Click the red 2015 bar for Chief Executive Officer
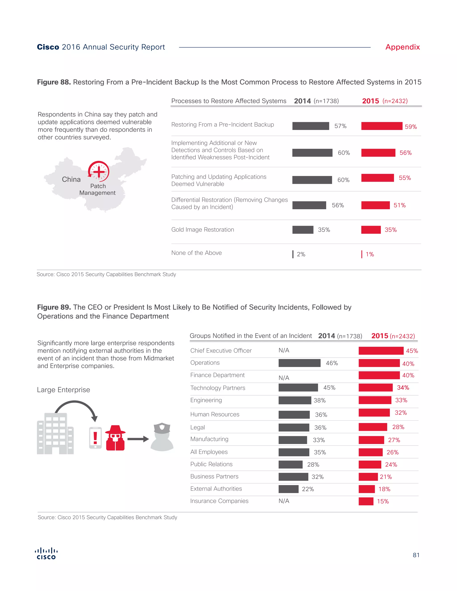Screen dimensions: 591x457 point(381,351)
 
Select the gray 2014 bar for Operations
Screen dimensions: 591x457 point(299,363)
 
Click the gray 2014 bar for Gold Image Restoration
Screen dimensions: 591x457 point(303,230)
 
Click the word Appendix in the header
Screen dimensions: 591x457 point(402,47)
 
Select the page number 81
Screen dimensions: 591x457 point(416,555)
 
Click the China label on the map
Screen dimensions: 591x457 point(71,179)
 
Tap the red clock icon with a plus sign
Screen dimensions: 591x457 point(99,171)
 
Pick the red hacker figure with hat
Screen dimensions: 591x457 point(115,438)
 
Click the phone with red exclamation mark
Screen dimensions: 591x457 point(95,438)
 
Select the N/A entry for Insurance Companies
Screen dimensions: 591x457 point(284,501)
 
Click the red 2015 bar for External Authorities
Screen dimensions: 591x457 point(367,489)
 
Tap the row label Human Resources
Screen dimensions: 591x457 point(215,414)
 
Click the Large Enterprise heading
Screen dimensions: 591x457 point(64,390)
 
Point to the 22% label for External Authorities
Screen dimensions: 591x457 point(308,489)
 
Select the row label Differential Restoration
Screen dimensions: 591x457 point(229,203)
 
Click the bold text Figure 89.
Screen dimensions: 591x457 point(54,307)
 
